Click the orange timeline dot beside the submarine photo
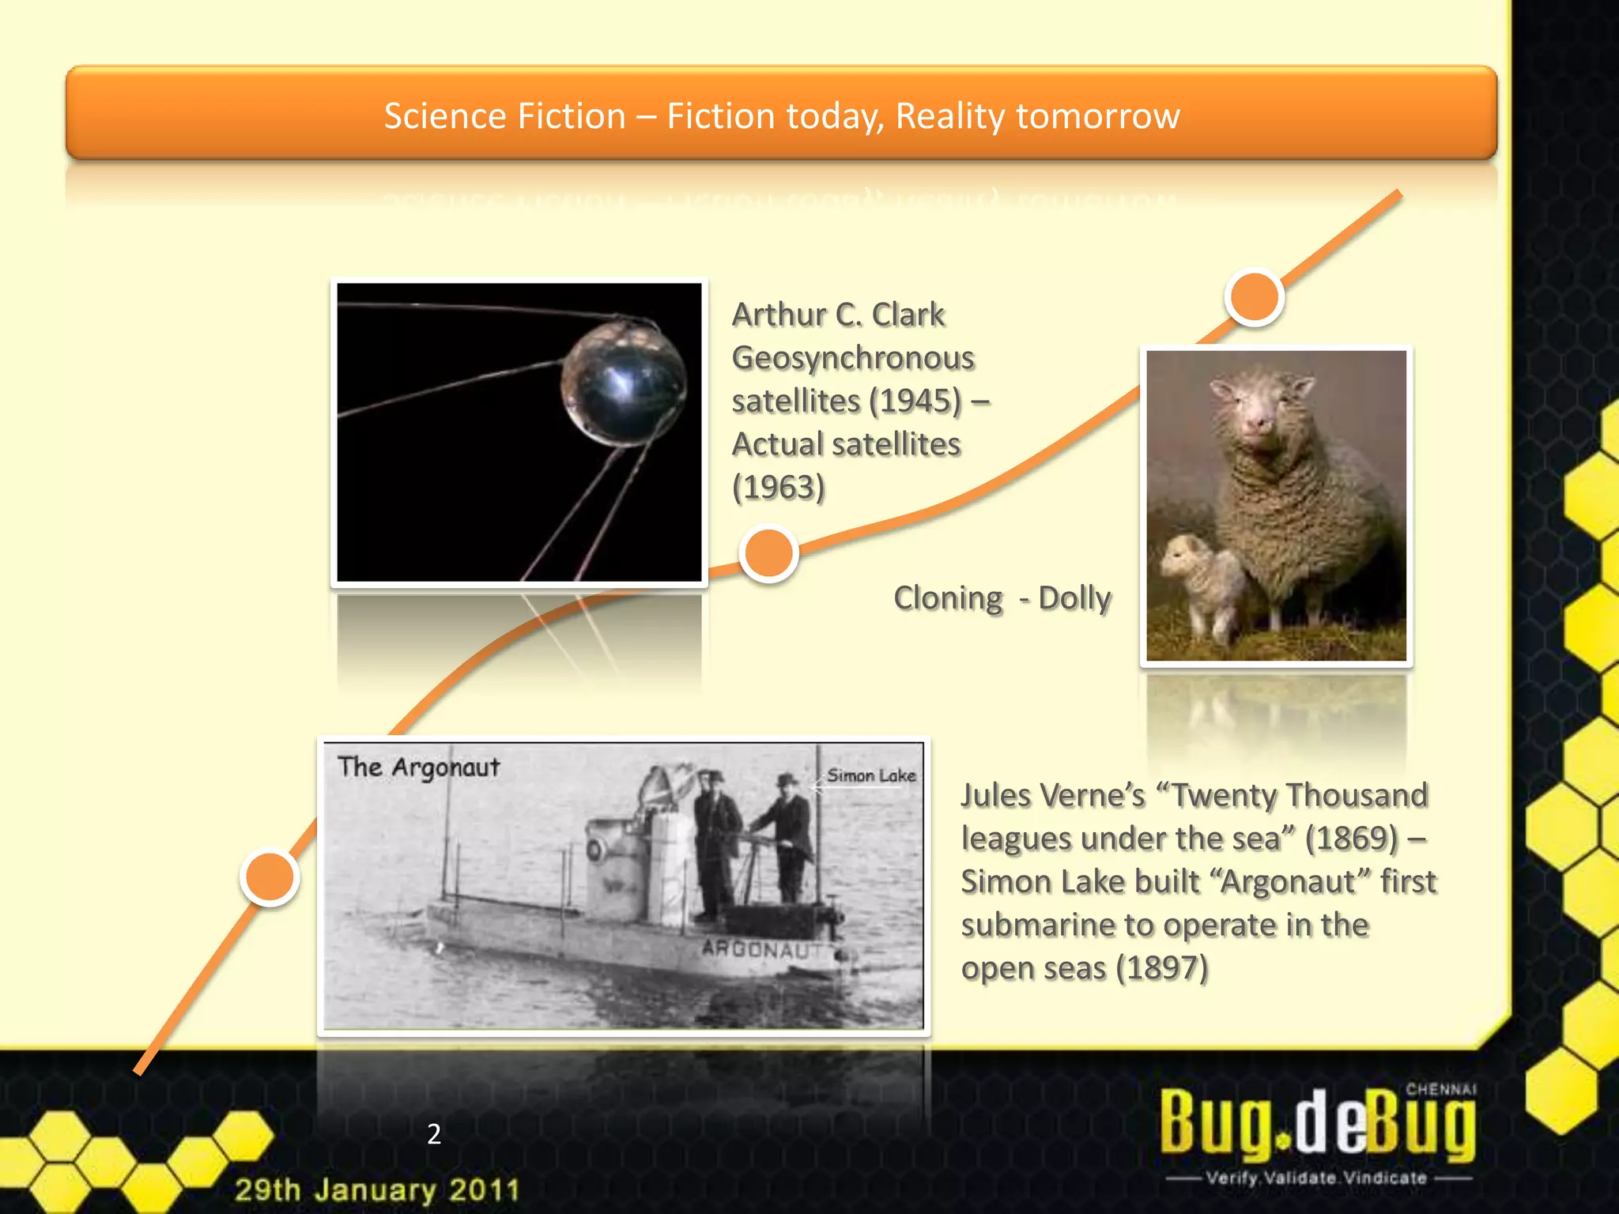coord(270,877)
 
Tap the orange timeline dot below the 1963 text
coord(768,552)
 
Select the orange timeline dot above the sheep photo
coord(1254,297)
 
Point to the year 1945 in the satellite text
coord(915,401)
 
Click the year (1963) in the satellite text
coord(779,487)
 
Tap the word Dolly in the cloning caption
coord(1074,598)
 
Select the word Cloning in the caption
coord(948,598)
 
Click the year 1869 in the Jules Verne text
coord(1352,839)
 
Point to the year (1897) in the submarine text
coord(1161,968)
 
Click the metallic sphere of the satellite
coord(623,383)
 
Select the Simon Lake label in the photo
coord(871,775)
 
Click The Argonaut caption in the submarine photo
coord(418,767)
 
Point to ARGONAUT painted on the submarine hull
coord(757,948)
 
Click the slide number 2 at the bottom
coord(434,1134)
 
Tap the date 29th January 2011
coord(377,1189)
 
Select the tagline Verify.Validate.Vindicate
coord(1316,1178)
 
